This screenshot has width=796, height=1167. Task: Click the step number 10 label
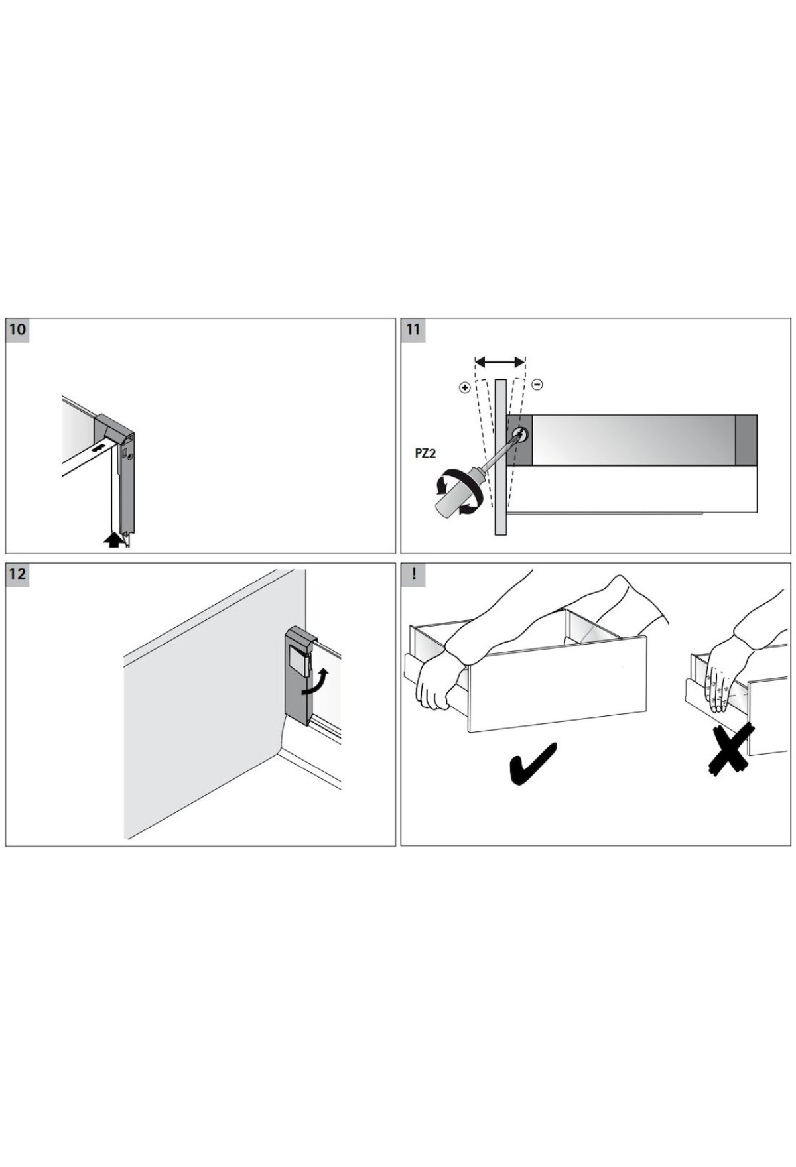tap(17, 330)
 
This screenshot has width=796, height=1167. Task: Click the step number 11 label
tap(413, 330)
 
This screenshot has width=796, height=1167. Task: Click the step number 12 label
tap(17, 574)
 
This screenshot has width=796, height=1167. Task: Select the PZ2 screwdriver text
tap(425, 454)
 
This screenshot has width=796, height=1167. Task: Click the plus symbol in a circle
tap(464, 387)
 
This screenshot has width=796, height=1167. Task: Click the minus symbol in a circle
tap(538, 385)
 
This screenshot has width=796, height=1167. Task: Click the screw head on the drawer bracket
tap(521, 435)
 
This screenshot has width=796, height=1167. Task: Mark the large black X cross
tap(730, 750)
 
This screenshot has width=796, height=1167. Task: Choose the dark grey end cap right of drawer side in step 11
tap(746, 440)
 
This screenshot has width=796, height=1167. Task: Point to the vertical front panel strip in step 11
tap(501, 457)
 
